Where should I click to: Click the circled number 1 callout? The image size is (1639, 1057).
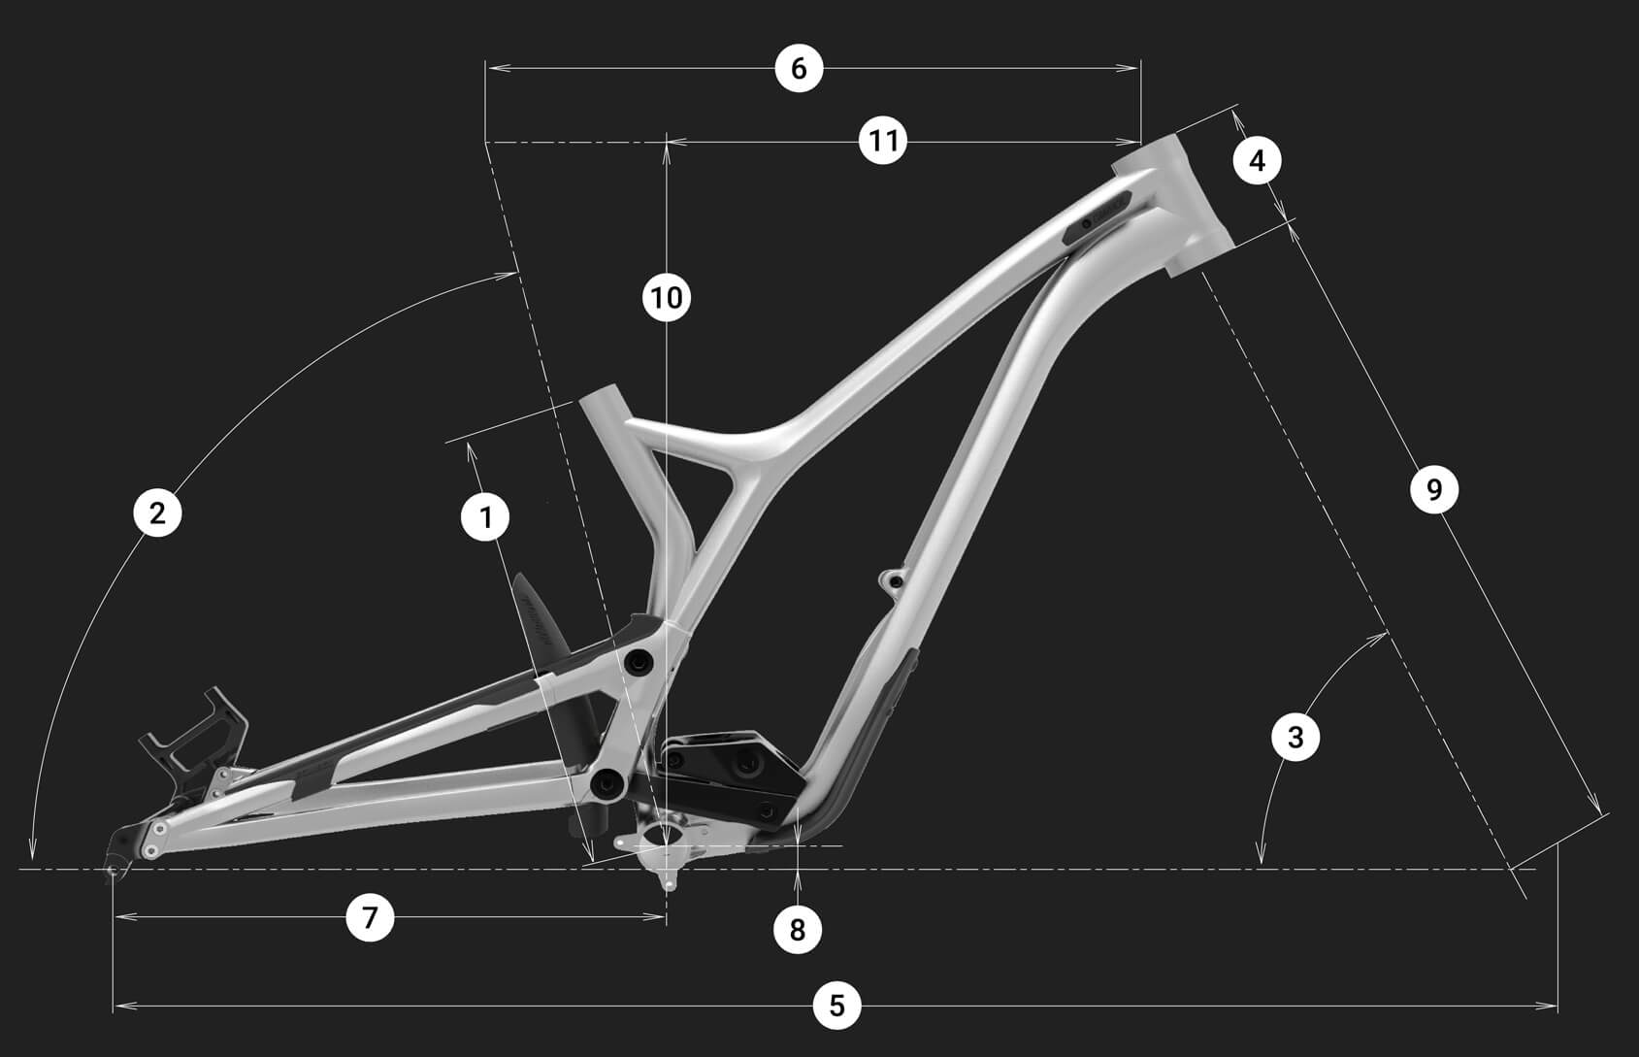click(486, 517)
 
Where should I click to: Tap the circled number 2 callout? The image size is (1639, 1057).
click(157, 513)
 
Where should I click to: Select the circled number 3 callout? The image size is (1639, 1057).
click(1295, 737)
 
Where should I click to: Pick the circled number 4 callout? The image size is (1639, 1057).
click(1257, 160)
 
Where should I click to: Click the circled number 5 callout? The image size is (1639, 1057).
click(837, 1006)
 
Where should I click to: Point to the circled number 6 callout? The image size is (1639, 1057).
click(799, 68)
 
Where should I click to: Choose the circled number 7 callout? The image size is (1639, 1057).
click(370, 917)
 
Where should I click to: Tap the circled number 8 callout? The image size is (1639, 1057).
click(798, 930)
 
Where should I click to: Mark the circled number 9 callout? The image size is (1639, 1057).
click(1434, 489)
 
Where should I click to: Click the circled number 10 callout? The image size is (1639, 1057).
click(667, 297)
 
